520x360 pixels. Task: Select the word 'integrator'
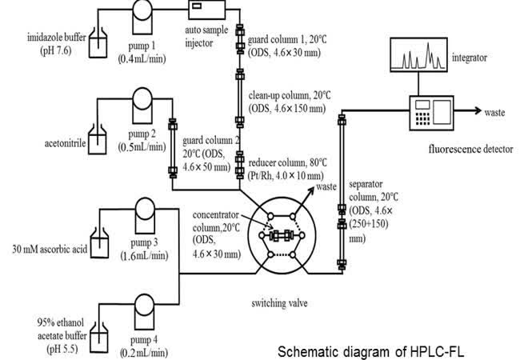pyautogui.click(x=471, y=58)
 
